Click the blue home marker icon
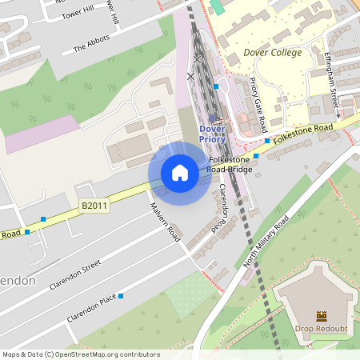pyautogui.click(x=180, y=173)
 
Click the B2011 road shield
pyautogui.click(x=94, y=206)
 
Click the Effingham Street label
pyautogui.click(x=333, y=77)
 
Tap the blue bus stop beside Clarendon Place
pyautogui.click(x=121, y=296)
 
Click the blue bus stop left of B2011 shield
pyautogui.click(x=43, y=218)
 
